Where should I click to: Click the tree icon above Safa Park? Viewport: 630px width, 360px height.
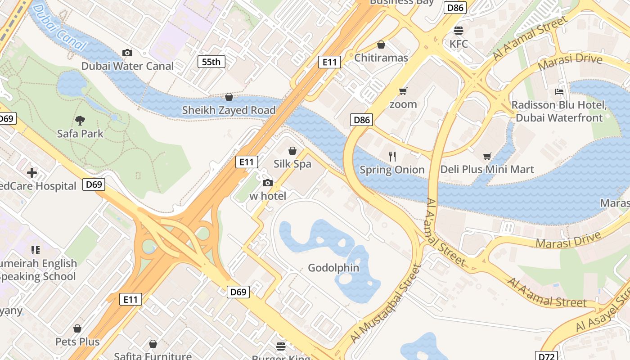80,120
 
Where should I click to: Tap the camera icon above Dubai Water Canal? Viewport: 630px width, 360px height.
127,53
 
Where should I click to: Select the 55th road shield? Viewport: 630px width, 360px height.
211,62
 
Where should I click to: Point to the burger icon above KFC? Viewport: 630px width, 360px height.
459,31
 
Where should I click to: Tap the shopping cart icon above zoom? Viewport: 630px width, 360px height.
403,91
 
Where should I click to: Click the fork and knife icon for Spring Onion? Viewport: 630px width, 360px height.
392,156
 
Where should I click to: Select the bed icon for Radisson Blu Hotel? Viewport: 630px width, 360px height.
559,92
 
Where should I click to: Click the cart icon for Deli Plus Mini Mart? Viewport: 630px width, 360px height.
487,156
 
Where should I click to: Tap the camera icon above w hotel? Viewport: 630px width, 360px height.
267,183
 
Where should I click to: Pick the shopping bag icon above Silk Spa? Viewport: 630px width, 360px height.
292,150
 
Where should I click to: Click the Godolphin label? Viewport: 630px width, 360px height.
333,268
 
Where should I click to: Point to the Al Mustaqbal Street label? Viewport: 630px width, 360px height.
386,303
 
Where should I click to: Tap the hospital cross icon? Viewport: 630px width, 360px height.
31,173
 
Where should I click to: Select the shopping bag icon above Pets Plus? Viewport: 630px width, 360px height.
77,328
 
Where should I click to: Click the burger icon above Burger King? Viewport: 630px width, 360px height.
281,346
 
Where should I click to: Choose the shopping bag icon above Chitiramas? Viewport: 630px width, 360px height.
381,45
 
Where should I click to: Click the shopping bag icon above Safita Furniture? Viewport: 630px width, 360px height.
153,344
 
